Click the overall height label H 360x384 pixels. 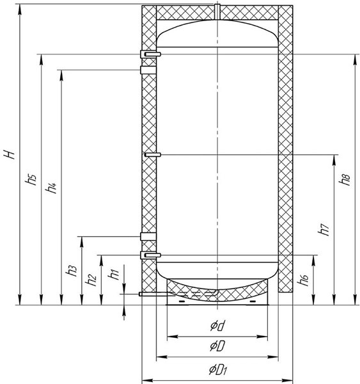(10, 154)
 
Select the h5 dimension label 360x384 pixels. (31, 179)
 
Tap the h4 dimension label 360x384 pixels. (52, 188)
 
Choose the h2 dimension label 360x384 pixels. (91, 280)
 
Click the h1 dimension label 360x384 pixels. (113, 274)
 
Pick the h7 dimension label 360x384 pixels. (324, 230)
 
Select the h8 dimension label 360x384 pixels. (345, 179)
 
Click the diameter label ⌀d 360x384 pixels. (217, 326)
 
